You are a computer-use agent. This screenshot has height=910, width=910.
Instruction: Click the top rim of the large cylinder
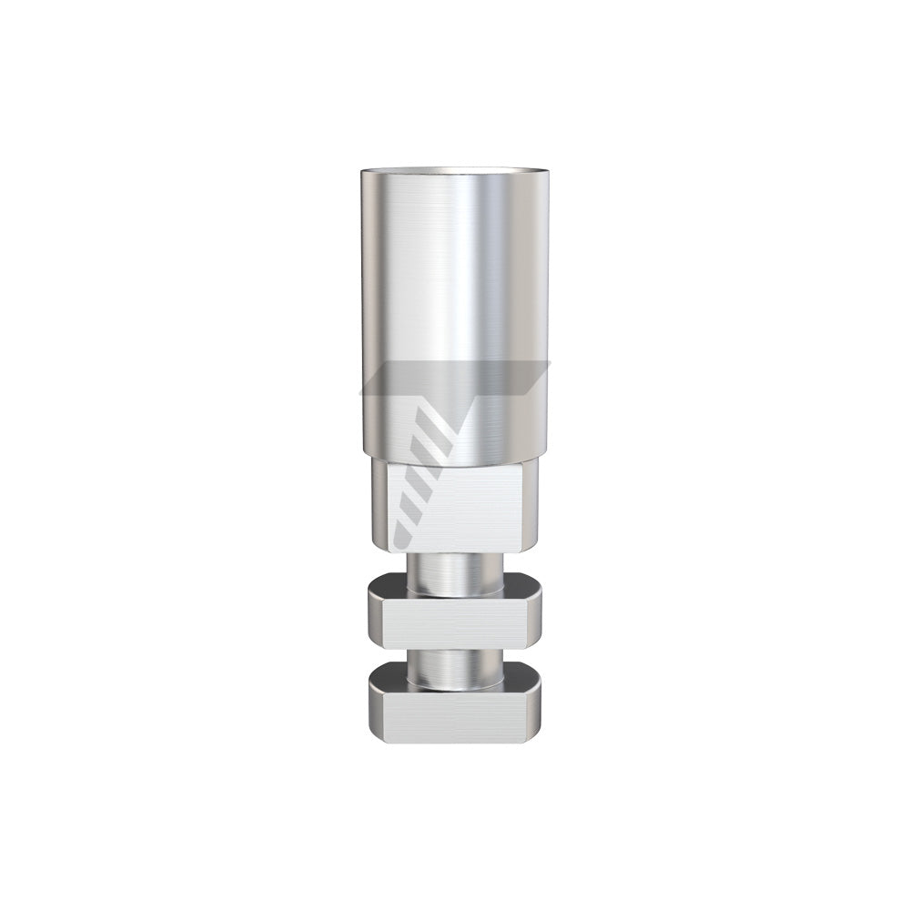[454, 171]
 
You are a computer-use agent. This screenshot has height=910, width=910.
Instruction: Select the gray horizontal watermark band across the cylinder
[455, 378]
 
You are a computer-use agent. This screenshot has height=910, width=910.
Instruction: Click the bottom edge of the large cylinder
[454, 455]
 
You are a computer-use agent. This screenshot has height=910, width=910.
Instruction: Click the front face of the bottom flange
[455, 719]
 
